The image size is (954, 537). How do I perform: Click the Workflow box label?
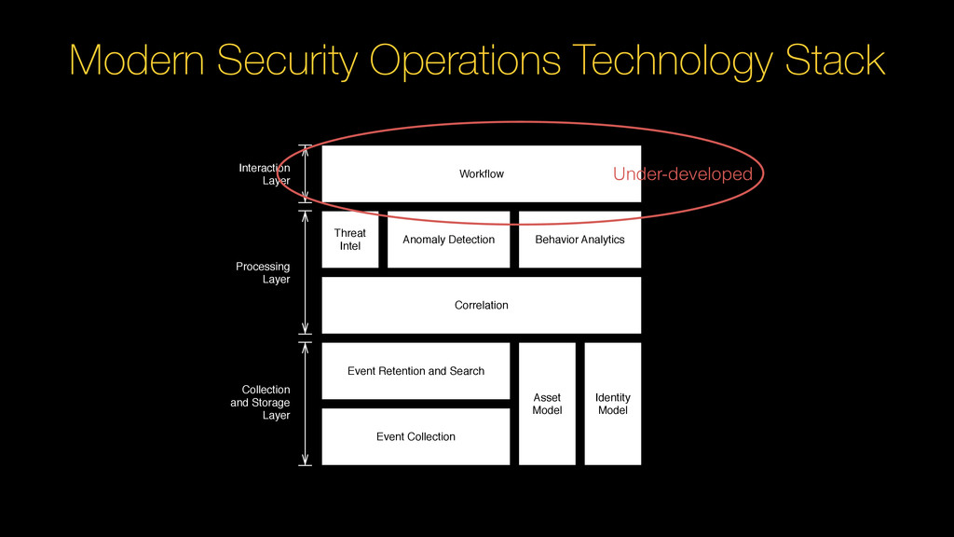(481, 174)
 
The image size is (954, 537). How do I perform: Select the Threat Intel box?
(350, 240)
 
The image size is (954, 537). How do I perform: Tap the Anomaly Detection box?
(448, 240)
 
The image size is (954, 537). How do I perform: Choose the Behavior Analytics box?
(579, 240)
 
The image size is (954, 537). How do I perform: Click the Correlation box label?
(481, 305)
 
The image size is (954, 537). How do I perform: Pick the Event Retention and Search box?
(416, 371)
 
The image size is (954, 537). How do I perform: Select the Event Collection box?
(416, 436)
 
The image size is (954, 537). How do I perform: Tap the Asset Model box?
(547, 404)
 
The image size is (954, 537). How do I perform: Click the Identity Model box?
(612, 404)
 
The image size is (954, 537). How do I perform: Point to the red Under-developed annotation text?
(682, 174)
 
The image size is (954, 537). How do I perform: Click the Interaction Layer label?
(265, 174)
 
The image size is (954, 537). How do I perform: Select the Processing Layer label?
(263, 273)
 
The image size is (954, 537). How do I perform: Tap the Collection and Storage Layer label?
(261, 403)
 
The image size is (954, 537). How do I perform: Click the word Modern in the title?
(138, 62)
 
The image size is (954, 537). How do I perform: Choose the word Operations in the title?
(464, 62)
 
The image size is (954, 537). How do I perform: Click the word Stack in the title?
(835, 62)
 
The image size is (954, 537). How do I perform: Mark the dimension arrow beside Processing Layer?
(306, 272)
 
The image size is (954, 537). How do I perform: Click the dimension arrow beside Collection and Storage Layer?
(306, 403)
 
